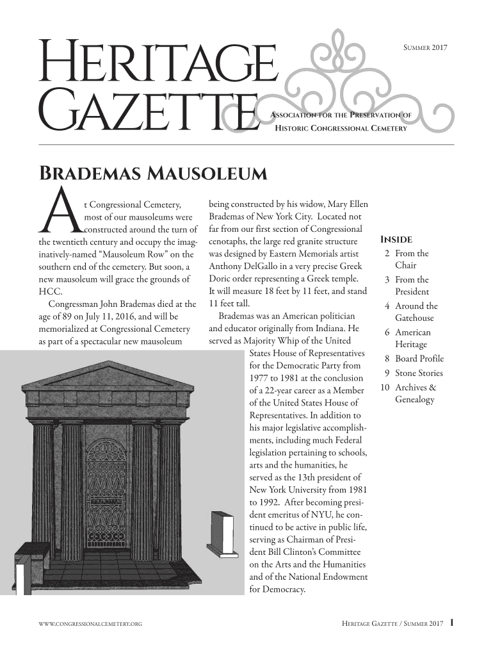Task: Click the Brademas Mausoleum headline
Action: (154, 174)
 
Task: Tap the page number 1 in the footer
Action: (452, 622)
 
